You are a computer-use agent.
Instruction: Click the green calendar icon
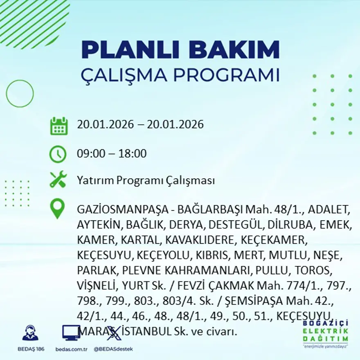[59, 126]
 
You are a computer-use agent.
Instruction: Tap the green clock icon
[58, 154]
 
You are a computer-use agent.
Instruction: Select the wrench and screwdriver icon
[58, 180]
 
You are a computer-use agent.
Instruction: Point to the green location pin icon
[57, 208]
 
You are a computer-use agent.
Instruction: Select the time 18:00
[132, 154]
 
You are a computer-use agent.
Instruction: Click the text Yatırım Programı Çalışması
[146, 180]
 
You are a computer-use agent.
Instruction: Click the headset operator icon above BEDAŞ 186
[30, 333]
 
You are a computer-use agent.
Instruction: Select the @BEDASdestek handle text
[113, 349]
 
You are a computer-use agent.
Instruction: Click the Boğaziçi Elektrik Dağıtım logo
[325, 333]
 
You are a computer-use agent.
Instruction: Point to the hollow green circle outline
[20, 94]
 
